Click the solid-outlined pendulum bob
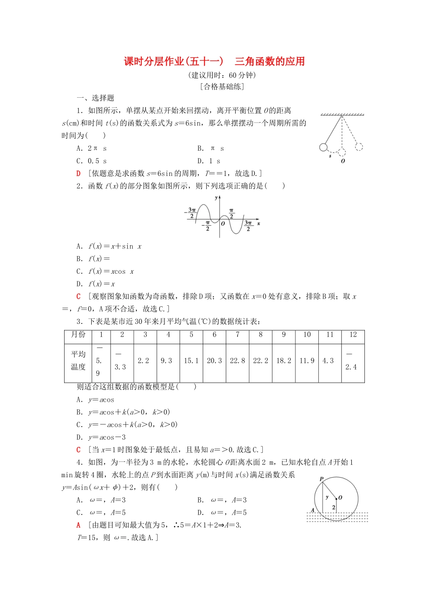323,147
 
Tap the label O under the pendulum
343,161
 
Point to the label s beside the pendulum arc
330,156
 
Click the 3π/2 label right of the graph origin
248,226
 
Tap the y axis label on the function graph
216,198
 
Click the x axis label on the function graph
259,223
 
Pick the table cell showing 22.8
238,361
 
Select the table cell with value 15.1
191,361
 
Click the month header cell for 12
353,335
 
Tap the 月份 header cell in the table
78,335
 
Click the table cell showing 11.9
307,361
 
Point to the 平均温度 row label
78,361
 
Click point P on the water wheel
322,479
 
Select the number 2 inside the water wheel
333,508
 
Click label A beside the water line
312,510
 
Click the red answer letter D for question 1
79,173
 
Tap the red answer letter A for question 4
79,525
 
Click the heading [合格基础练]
222,87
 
